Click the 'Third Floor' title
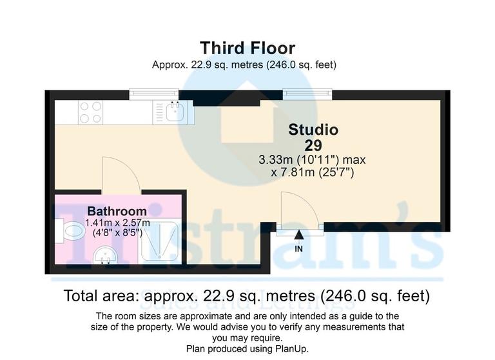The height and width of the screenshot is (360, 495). (247, 48)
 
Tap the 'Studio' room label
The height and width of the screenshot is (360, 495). (313, 129)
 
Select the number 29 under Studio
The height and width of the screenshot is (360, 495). (313, 145)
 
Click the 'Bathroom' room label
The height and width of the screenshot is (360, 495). (117, 211)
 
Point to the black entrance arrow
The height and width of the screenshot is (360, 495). (299, 237)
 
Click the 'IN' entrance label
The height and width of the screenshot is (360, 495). (299, 248)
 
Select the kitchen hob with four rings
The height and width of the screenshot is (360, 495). (90, 113)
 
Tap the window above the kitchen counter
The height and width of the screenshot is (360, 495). (153, 94)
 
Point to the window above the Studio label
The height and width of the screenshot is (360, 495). (307, 94)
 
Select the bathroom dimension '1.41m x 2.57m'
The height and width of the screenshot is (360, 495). (117, 223)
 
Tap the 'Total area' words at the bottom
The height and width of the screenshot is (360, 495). (103, 296)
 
